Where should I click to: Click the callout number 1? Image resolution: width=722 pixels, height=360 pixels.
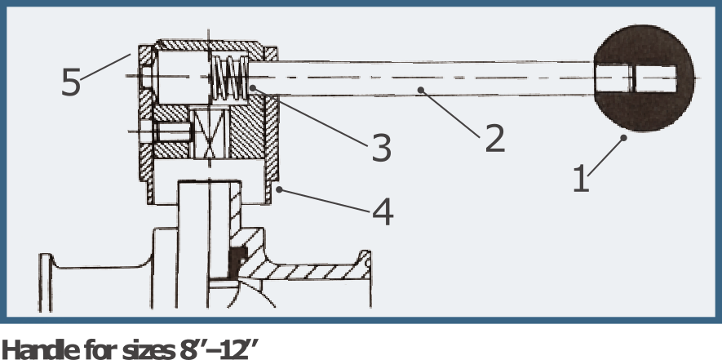581,179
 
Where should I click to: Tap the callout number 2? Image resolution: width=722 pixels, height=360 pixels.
495,138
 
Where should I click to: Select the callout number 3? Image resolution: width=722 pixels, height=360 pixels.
382,148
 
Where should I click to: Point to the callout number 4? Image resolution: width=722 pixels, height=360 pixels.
383,211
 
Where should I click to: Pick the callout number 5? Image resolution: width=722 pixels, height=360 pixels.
71,82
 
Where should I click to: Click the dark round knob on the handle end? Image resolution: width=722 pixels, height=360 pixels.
644,78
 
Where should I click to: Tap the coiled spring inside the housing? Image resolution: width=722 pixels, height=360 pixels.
230,77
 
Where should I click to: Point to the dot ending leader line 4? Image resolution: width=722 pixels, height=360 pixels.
278,189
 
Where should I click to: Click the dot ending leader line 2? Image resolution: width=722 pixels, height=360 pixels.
420,90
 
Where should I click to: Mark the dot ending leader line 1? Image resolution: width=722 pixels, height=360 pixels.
623,137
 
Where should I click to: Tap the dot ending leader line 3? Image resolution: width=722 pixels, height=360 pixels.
252,87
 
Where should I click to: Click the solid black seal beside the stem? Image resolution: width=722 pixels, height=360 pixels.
237,263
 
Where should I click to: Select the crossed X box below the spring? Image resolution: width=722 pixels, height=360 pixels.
210,134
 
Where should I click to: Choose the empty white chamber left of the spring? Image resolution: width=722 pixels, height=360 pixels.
183,77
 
